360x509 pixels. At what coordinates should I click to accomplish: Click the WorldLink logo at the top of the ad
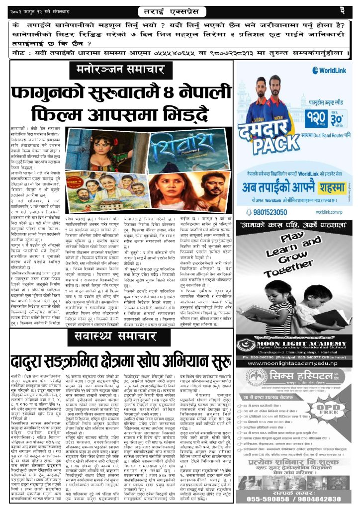point(327,70)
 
